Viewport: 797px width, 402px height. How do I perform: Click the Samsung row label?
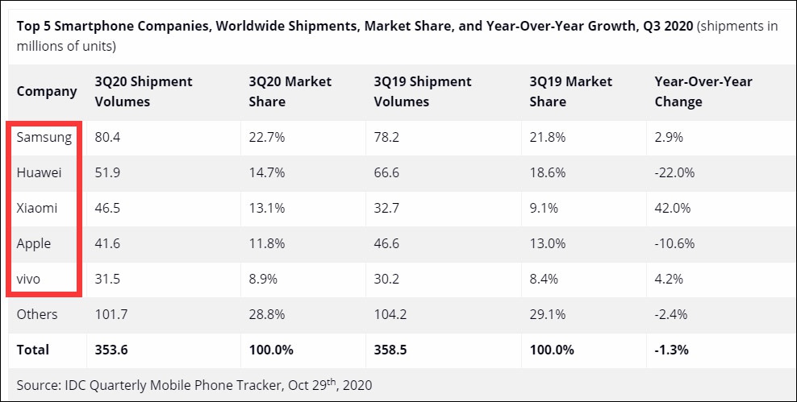coord(44,137)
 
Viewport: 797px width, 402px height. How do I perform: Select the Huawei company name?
coord(39,172)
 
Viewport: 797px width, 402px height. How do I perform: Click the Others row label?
coord(37,314)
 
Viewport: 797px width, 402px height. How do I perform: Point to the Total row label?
coord(33,350)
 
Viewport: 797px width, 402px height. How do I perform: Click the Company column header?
coord(47,91)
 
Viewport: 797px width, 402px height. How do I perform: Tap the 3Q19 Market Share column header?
coord(570,91)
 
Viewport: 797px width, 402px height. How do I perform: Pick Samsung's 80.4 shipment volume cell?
coord(107,137)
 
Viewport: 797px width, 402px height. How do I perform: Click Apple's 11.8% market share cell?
coord(265,243)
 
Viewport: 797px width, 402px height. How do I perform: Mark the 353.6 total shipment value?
coord(111,350)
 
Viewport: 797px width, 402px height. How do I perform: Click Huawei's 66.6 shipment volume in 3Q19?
coord(387,172)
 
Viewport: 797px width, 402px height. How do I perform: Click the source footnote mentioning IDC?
coord(194,385)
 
